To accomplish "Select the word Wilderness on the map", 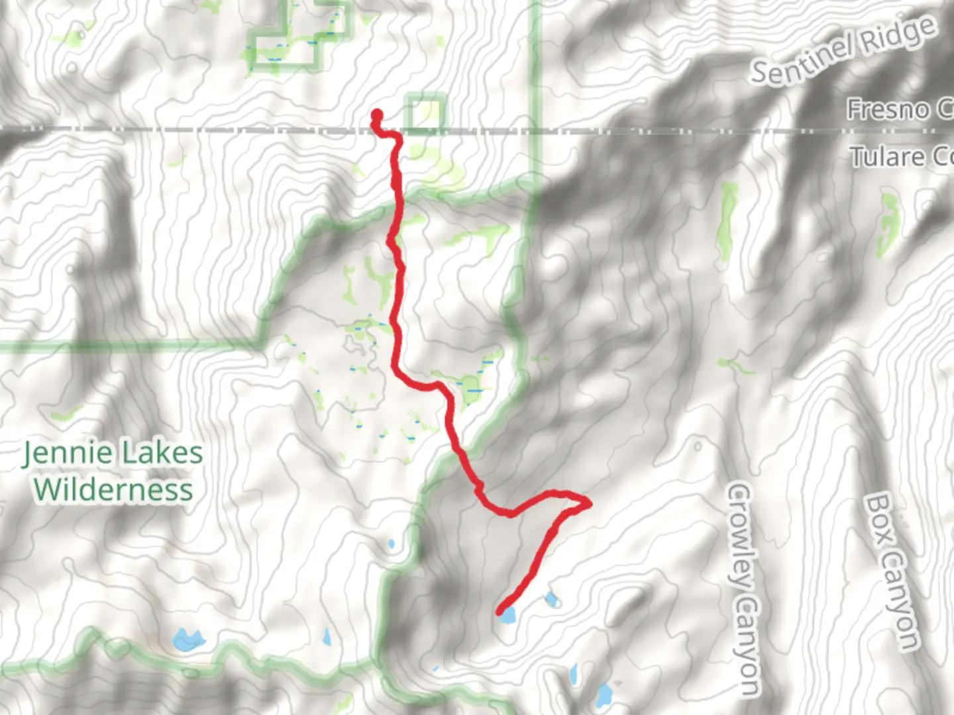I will pos(113,491).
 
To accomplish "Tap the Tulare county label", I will pos(900,158).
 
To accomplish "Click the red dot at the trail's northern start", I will pos(377,115).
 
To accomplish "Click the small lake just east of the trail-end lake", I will pos(551,600).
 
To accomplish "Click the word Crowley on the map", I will pos(740,536).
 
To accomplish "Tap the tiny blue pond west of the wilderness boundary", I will pos(391,544).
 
